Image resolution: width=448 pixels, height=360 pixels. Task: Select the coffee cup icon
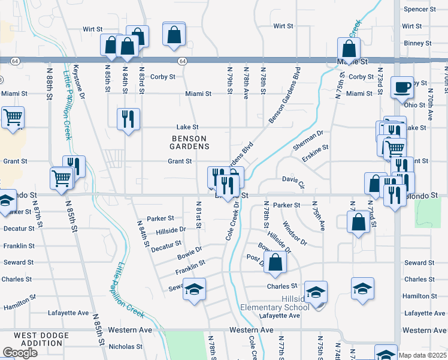(x=401, y=88)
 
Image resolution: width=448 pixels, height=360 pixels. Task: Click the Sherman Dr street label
(x=308, y=140)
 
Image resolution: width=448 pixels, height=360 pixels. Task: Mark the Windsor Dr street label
(x=295, y=235)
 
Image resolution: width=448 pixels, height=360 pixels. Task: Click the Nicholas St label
(x=125, y=346)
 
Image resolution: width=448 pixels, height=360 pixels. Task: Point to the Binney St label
(x=417, y=43)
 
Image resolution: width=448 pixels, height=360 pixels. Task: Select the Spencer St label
(x=419, y=9)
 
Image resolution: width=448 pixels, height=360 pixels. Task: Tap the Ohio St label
(x=414, y=105)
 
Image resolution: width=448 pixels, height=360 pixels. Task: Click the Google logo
(x=20, y=353)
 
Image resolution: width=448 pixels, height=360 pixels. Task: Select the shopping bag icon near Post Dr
(x=275, y=262)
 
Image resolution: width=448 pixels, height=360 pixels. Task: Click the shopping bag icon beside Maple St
(x=349, y=49)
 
